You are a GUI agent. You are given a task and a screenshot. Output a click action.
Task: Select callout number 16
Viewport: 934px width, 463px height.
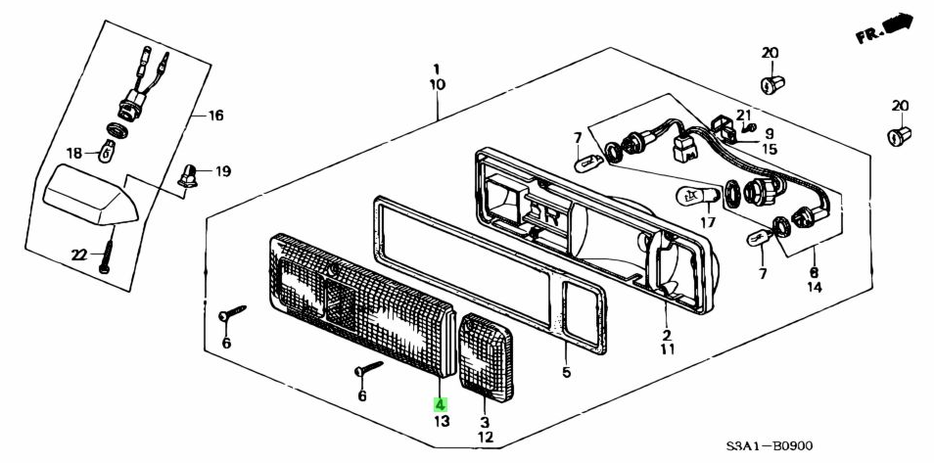(214, 116)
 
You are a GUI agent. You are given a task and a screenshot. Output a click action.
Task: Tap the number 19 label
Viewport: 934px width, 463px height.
(222, 171)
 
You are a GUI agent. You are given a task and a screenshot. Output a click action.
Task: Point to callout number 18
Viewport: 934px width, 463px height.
(74, 153)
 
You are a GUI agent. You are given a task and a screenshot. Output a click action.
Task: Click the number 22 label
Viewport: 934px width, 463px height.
(79, 255)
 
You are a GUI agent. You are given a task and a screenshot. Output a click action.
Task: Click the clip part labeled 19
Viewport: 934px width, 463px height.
(189, 176)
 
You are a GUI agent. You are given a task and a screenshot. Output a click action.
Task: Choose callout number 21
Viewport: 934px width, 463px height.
(743, 115)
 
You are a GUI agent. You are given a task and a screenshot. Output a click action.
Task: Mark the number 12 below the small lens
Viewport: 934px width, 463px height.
(484, 437)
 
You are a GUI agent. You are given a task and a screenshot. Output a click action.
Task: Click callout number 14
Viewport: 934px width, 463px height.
(815, 289)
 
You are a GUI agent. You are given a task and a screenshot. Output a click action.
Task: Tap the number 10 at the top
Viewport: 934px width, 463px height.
(437, 85)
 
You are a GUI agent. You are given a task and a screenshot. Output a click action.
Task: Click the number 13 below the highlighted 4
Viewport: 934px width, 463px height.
(441, 422)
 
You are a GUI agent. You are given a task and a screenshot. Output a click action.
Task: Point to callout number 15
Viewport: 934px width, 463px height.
(771, 150)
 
